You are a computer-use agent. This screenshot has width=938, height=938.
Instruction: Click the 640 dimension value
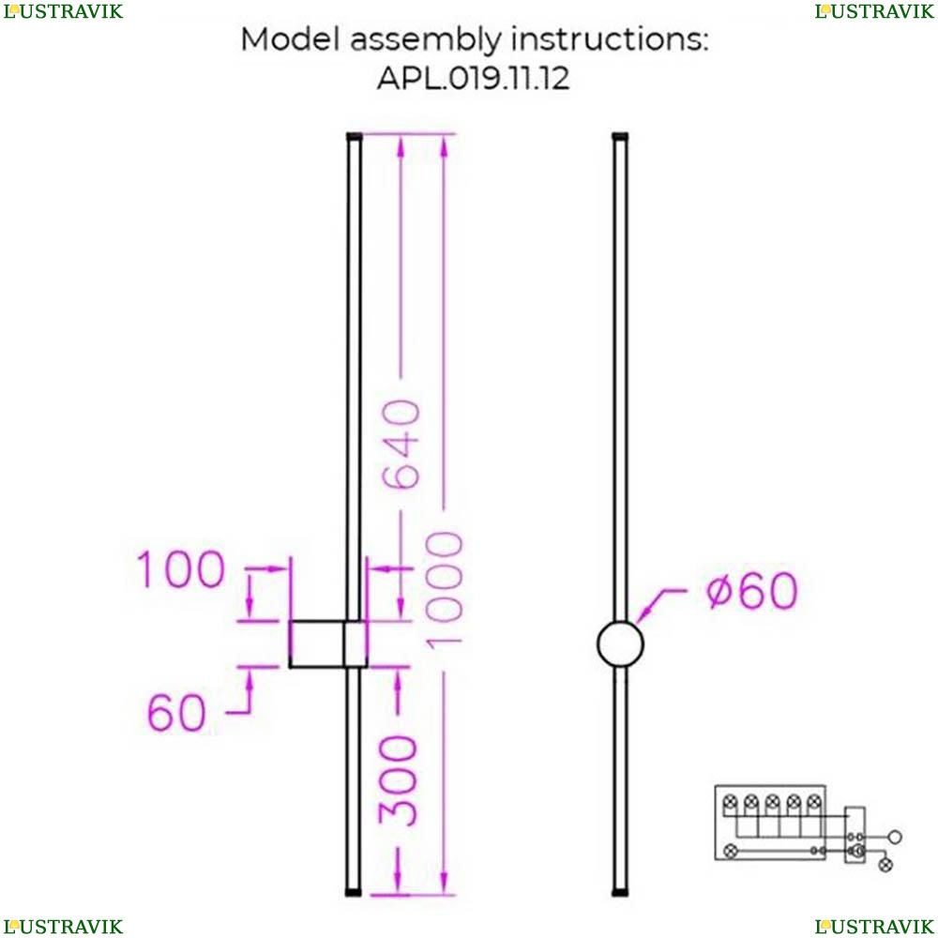402,446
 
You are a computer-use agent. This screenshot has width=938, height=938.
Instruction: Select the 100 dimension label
181,569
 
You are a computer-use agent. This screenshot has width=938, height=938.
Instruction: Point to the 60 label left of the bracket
175,714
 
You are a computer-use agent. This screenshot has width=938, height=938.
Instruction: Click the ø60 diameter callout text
750,591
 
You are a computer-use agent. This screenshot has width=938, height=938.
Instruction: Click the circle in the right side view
621,644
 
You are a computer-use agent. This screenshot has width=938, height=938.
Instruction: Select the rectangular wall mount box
325,644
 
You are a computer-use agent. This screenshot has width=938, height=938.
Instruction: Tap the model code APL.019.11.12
473,78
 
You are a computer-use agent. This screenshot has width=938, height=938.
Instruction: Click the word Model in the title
285,40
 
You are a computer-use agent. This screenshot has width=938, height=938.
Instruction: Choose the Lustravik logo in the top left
63,11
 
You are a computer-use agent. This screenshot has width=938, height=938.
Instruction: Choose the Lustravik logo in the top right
874,11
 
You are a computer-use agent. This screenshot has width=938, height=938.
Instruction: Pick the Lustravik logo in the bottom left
63,927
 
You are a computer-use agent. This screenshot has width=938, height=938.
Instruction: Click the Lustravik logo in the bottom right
874,927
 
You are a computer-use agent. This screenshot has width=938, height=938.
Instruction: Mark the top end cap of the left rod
354,136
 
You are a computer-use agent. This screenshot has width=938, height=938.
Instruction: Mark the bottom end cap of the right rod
620,894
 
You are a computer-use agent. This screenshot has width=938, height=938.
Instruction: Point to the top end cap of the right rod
620,136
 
